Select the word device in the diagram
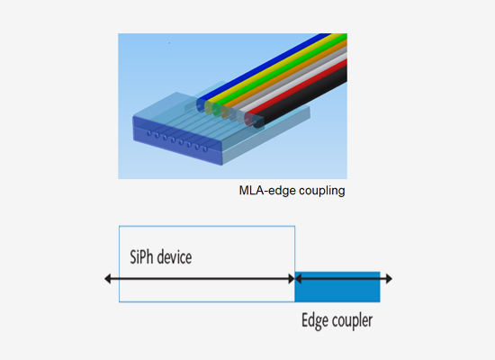pyautogui.click(x=176, y=257)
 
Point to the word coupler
pyautogui.click(x=352, y=321)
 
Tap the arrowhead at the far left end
pyautogui.click(x=109, y=279)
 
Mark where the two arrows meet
pyautogui.click(x=295, y=279)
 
